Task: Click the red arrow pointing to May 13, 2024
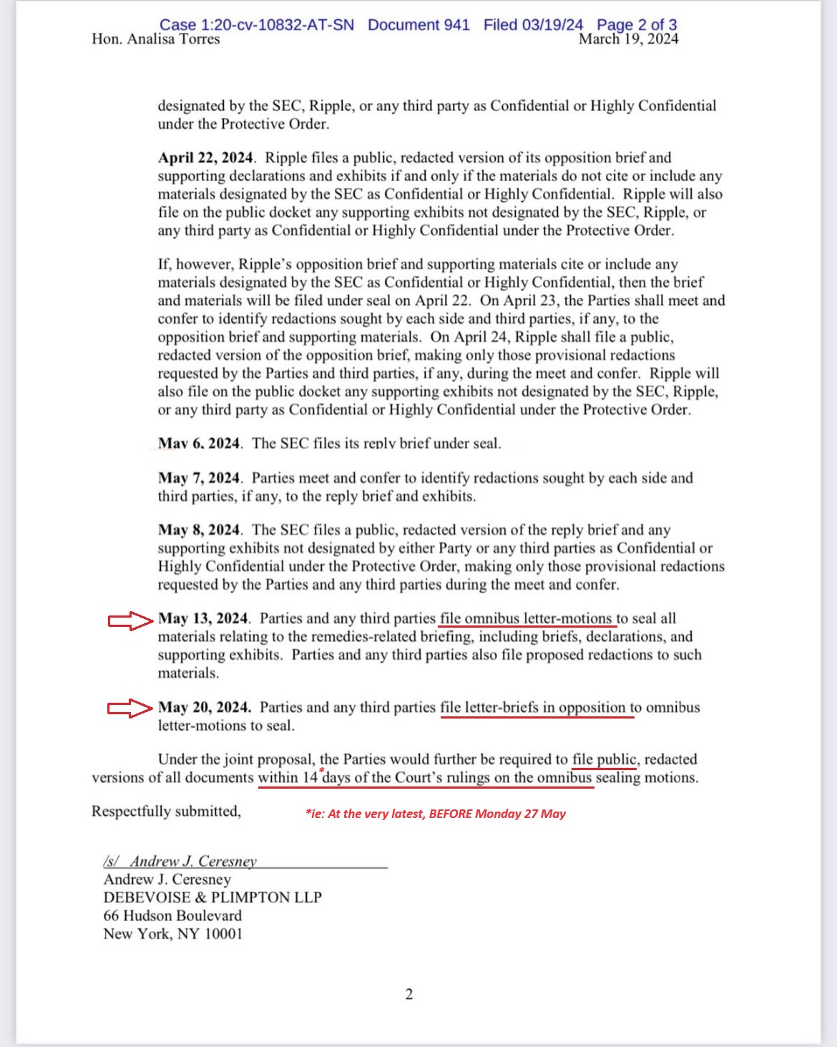(130, 620)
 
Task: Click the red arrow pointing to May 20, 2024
(130, 708)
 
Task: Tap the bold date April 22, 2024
(206, 158)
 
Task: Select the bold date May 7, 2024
(199, 478)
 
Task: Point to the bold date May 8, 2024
(199, 530)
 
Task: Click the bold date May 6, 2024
(200, 444)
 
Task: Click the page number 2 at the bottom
(409, 994)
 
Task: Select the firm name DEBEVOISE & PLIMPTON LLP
(212, 897)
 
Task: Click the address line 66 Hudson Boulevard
(172, 916)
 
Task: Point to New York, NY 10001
(173, 934)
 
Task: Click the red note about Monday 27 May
(436, 814)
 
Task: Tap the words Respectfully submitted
(166, 812)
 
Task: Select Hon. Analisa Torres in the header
(156, 39)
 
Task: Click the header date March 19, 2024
(628, 39)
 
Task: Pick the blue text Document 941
(418, 24)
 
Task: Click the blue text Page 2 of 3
(637, 24)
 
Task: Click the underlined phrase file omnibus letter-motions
(527, 619)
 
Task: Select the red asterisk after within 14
(321, 771)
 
